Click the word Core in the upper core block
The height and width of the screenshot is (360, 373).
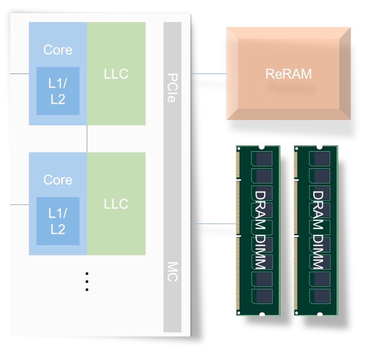pyautogui.click(x=58, y=50)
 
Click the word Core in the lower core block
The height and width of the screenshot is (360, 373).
pyautogui.click(x=58, y=180)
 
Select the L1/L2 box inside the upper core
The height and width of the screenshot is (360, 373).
pyautogui.click(x=58, y=91)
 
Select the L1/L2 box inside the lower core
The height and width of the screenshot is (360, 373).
pyautogui.click(x=58, y=221)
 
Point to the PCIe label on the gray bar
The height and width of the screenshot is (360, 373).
pyautogui.click(x=172, y=87)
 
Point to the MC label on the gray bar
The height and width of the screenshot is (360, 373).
pyautogui.click(x=172, y=271)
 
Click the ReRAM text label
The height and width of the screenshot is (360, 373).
pyautogui.click(x=288, y=74)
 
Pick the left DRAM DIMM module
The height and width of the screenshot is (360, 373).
pyautogui.click(x=258, y=230)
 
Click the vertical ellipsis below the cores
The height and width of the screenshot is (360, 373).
pyautogui.click(x=87, y=282)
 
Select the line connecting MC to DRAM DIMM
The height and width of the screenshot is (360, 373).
pyautogui.click(x=213, y=224)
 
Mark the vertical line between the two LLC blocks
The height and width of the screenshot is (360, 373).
pyautogui.click(x=87, y=139)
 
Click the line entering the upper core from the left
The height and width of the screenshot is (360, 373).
pyautogui.click(x=19, y=74)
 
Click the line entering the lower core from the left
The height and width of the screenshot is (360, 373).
pyautogui.click(x=19, y=205)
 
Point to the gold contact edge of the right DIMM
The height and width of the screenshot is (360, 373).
pyautogui.click(x=296, y=230)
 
